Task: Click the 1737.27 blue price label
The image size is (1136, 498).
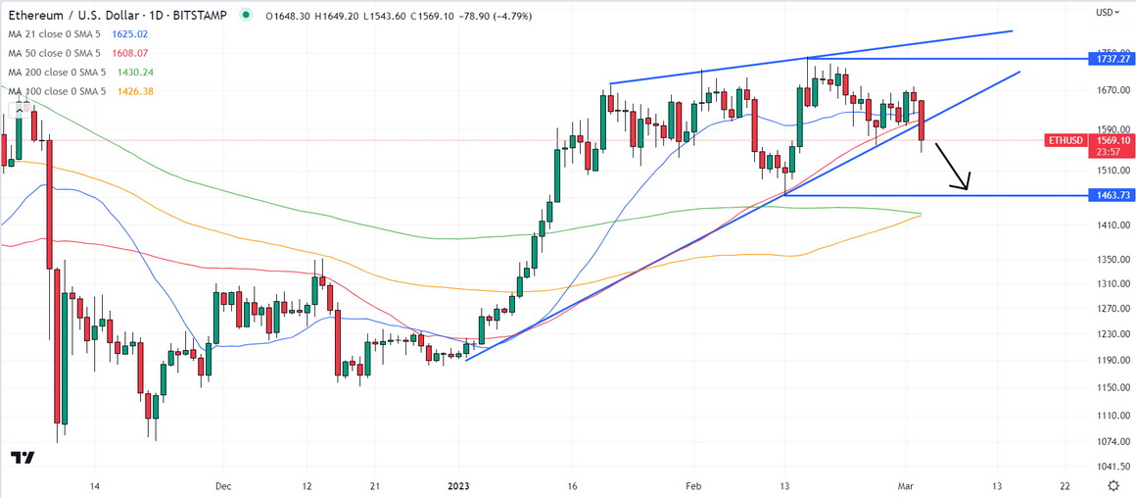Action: [1109, 60]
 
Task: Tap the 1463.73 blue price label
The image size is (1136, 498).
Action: [1109, 196]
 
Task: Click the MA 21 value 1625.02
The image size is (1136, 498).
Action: [130, 34]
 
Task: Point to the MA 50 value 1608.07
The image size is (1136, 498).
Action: [130, 53]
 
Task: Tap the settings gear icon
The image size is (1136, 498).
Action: [1112, 486]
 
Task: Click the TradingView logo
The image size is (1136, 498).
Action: [24, 458]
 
